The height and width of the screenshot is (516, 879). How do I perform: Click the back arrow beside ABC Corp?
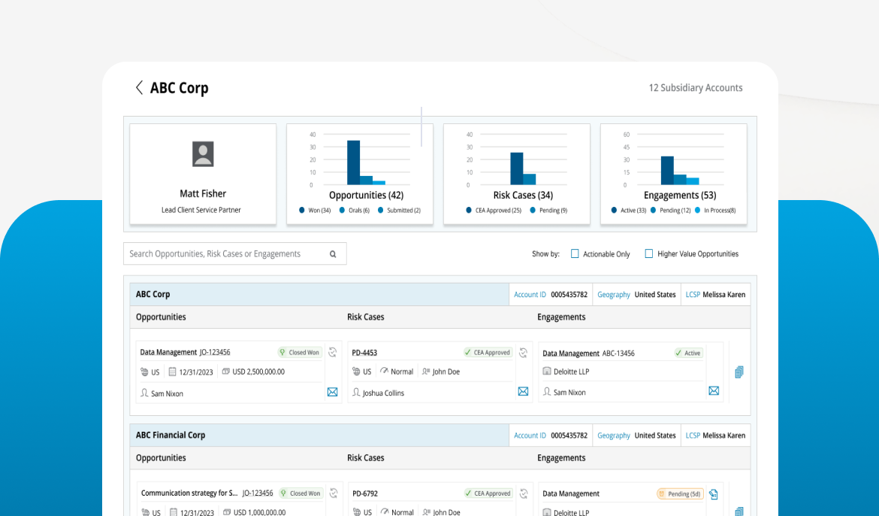139,87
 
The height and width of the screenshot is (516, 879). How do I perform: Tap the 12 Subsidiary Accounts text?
695,87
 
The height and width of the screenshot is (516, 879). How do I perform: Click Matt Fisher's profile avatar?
203,154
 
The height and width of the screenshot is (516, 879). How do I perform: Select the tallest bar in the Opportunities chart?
353,162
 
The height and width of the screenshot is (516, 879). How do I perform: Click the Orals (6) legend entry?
355,211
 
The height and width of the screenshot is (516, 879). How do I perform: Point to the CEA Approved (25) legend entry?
494,211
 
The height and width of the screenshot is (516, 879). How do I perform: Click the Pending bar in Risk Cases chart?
529,179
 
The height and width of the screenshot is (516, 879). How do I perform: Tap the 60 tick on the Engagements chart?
626,135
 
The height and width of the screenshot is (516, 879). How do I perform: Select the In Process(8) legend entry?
715,211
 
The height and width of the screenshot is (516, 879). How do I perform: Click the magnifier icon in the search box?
333,254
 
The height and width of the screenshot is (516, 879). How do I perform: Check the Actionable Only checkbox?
575,253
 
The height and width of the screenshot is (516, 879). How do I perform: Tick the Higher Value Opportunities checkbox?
648,253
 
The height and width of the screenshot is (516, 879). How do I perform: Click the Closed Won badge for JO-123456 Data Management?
299,353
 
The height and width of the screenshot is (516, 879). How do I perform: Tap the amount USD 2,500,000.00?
258,372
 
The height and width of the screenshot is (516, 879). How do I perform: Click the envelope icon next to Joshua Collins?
523,391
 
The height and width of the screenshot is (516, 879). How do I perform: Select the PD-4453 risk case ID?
364,353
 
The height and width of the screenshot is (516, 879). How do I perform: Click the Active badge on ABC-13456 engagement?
688,354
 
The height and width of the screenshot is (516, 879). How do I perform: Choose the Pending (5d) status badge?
679,494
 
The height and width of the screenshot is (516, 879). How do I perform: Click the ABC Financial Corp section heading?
171,436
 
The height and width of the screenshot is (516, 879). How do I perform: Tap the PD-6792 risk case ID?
365,493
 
